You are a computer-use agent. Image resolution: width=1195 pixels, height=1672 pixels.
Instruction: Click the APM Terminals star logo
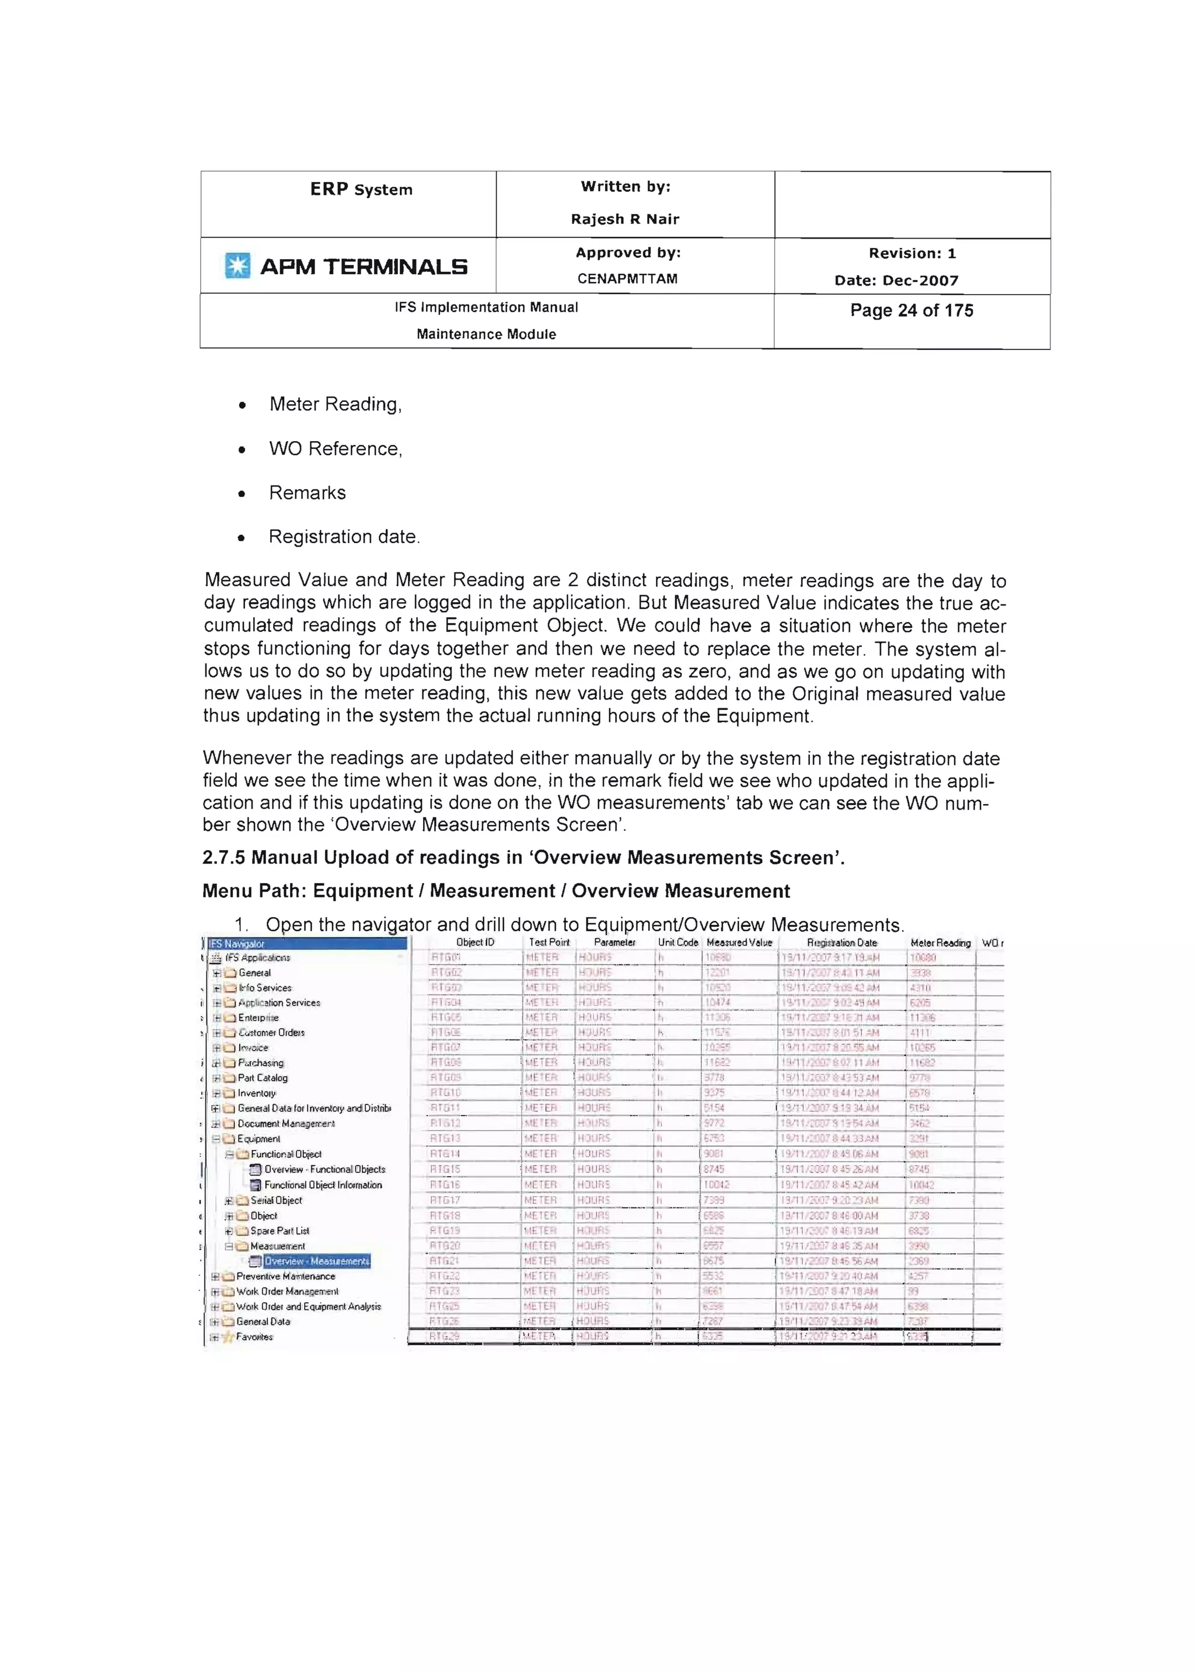click(x=237, y=265)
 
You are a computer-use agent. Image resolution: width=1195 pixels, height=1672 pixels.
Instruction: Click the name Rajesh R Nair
click(x=625, y=219)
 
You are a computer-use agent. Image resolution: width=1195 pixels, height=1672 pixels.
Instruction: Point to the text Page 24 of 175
click(x=911, y=310)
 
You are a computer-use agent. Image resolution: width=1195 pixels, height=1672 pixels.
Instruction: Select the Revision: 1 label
click(x=911, y=253)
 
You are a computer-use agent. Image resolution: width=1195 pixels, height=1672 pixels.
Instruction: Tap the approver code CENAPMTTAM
click(x=627, y=279)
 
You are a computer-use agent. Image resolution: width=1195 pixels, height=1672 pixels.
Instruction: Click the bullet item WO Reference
click(x=335, y=449)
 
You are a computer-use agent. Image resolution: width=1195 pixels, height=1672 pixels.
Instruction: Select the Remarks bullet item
click(x=307, y=493)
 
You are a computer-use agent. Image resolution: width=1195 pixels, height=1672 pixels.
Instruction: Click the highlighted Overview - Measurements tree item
click(x=316, y=1261)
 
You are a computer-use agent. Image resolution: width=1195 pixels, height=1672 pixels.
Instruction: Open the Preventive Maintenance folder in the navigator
click(x=285, y=1276)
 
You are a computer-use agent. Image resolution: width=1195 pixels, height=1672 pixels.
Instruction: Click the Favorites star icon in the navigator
click(x=228, y=1337)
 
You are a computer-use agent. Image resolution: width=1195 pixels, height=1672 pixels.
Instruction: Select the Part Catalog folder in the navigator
click(x=262, y=1078)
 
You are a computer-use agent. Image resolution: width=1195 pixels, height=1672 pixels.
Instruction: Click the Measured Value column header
click(x=739, y=942)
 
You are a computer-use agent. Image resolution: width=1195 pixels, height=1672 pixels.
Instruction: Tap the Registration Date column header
click(x=842, y=942)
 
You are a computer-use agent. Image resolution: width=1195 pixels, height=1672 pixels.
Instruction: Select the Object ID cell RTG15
click(x=445, y=1169)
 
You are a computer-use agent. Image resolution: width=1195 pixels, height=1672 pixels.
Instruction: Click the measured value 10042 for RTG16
click(x=716, y=1184)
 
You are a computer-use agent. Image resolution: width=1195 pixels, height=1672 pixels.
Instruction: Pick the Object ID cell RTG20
click(x=445, y=1246)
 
